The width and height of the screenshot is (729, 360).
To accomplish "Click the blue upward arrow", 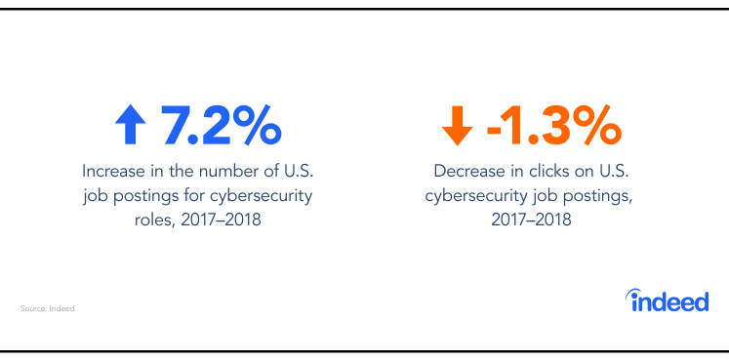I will click(x=130, y=125).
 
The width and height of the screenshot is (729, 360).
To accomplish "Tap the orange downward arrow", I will click(x=456, y=125).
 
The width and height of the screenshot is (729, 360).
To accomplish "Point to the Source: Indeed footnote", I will click(x=47, y=308).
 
